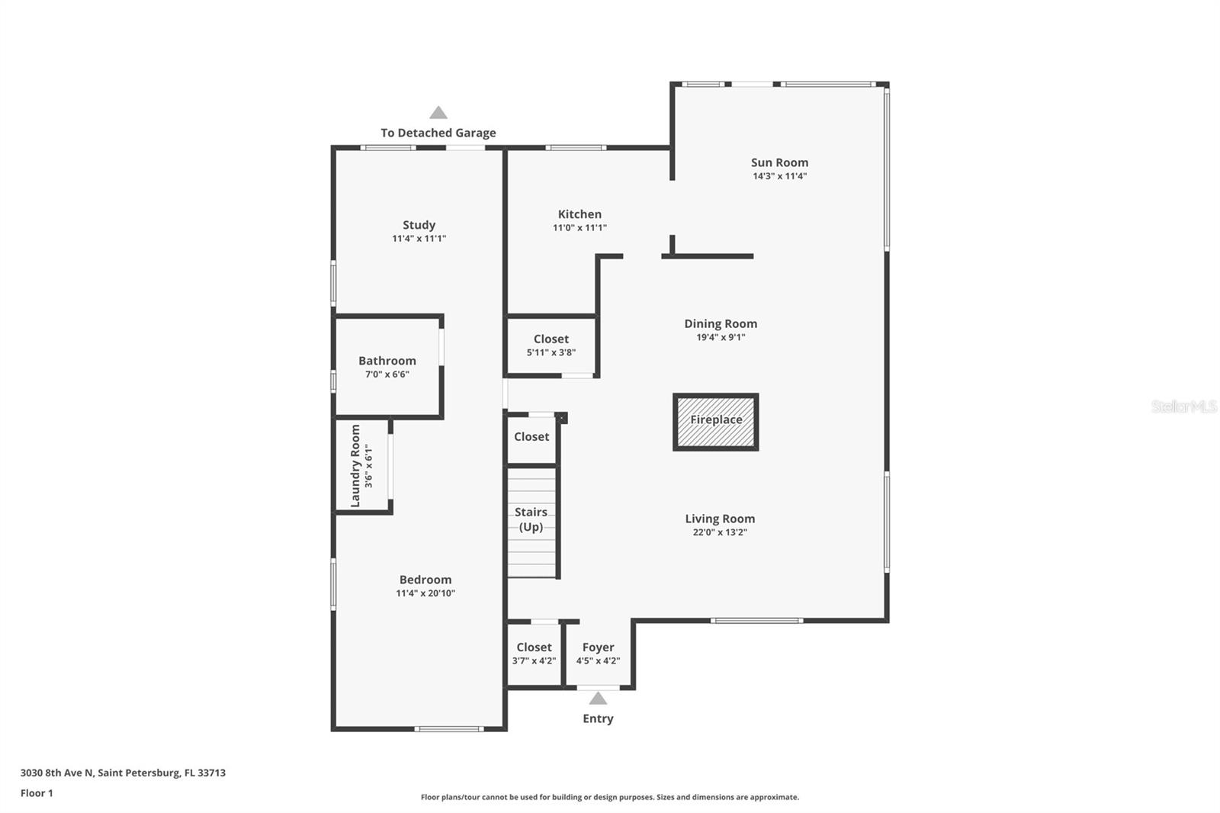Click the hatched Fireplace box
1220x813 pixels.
click(x=716, y=422)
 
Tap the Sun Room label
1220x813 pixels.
click(x=779, y=162)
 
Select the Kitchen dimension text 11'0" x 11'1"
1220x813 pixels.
click(x=579, y=228)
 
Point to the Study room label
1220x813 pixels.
click(x=419, y=225)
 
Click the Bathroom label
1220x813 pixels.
click(x=387, y=361)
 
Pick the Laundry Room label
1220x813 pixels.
click(x=355, y=466)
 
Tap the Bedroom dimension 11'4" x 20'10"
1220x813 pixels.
click(x=425, y=593)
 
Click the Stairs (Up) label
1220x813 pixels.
click(x=531, y=519)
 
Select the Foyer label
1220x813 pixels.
click(x=598, y=647)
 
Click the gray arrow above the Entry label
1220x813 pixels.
click(x=598, y=698)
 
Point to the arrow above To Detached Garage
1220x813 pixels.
click(x=438, y=113)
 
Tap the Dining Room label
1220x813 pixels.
click(x=721, y=323)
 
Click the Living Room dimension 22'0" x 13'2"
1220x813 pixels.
click(x=720, y=532)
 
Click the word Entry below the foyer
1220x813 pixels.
click(x=598, y=718)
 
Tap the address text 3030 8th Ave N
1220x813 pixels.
click(x=57, y=773)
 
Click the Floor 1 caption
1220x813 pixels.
click(x=37, y=793)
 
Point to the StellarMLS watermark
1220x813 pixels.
click(x=1184, y=406)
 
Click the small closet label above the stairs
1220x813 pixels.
click(x=531, y=436)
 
